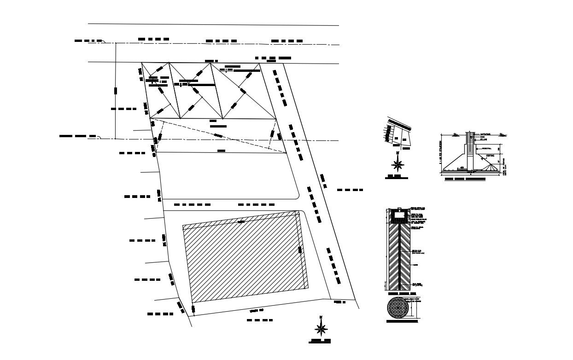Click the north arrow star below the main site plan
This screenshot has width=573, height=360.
point(321,328)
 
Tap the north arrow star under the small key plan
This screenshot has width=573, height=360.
point(397,163)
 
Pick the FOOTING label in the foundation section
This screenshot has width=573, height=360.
point(490,156)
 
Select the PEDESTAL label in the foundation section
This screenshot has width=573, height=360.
point(486,148)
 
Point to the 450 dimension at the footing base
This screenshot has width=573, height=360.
point(462,168)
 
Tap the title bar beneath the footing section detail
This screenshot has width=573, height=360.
point(465,179)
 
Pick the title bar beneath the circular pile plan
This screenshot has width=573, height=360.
point(402,322)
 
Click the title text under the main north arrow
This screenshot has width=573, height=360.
point(321,342)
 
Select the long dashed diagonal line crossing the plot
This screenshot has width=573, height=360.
point(216,135)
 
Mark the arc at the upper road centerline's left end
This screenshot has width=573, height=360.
point(104,41)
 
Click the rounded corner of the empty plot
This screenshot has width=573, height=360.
point(296,195)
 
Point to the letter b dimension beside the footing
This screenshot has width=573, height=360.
point(499,162)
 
